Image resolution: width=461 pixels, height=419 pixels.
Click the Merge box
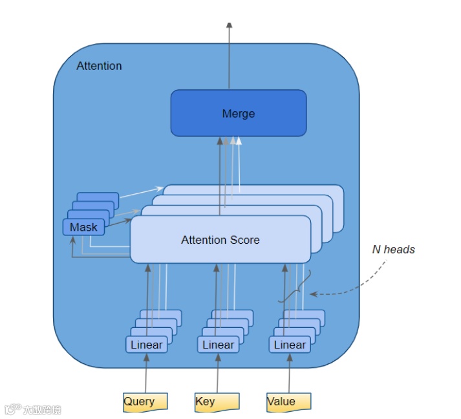[238, 113]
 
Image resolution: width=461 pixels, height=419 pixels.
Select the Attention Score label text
[220, 240]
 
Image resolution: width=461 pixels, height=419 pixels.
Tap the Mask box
[83, 227]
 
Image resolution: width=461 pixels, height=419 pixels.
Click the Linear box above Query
[147, 345]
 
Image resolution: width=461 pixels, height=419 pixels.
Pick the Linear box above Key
[218, 345]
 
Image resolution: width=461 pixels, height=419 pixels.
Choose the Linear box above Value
[290, 345]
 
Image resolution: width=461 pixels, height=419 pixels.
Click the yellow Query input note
[145, 402]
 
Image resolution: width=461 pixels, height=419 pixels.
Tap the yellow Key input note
[217, 402]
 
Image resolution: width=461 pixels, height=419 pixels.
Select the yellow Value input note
[288, 402]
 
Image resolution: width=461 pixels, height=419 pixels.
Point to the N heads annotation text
[393, 250]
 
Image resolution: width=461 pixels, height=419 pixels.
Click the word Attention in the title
[99, 66]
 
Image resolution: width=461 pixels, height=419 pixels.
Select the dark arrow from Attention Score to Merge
[220, 175]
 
